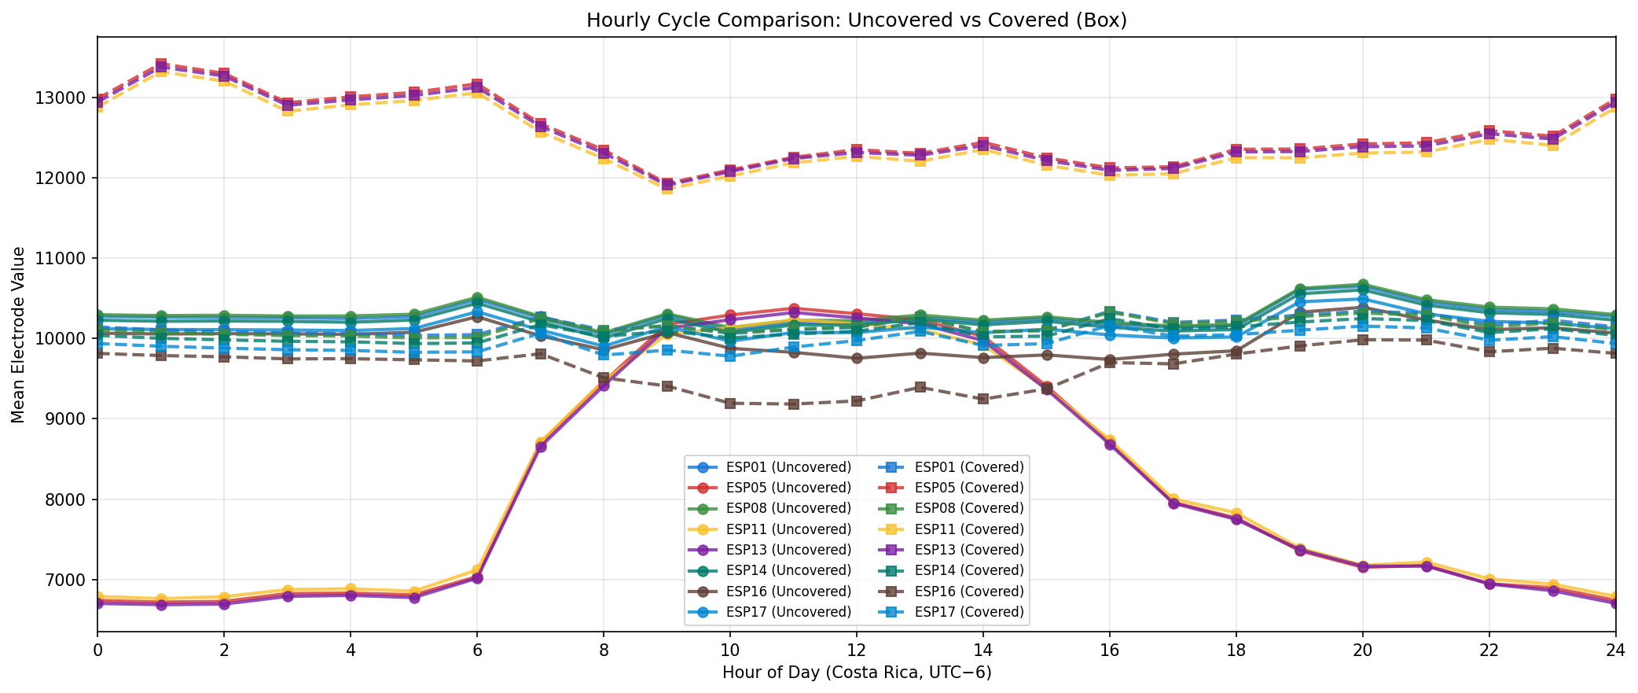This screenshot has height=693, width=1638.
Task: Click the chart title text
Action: click(856, 20)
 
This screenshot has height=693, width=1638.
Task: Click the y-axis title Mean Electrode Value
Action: click(19, 334)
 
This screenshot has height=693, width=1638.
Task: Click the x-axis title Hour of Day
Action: click(856, 673)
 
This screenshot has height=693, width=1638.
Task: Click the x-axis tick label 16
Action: click(1109, 651)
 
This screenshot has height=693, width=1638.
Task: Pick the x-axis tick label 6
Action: click(476, 651)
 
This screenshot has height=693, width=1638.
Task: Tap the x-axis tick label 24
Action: click(1615, 651)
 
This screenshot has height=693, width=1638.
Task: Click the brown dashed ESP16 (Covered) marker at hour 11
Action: click(793, 404)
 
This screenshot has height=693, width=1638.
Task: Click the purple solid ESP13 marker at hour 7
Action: click(540, 447)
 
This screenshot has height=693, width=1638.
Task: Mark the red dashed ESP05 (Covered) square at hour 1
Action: click(160, 64)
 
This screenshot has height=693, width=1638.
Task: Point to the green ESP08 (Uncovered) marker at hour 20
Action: click(1362, 285)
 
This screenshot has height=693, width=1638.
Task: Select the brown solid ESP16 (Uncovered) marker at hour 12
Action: click(856, 358)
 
